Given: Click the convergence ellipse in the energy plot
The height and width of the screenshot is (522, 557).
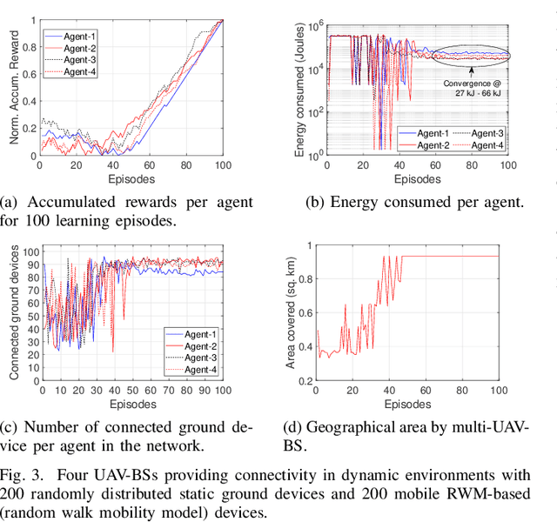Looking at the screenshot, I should tap(470, 55).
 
